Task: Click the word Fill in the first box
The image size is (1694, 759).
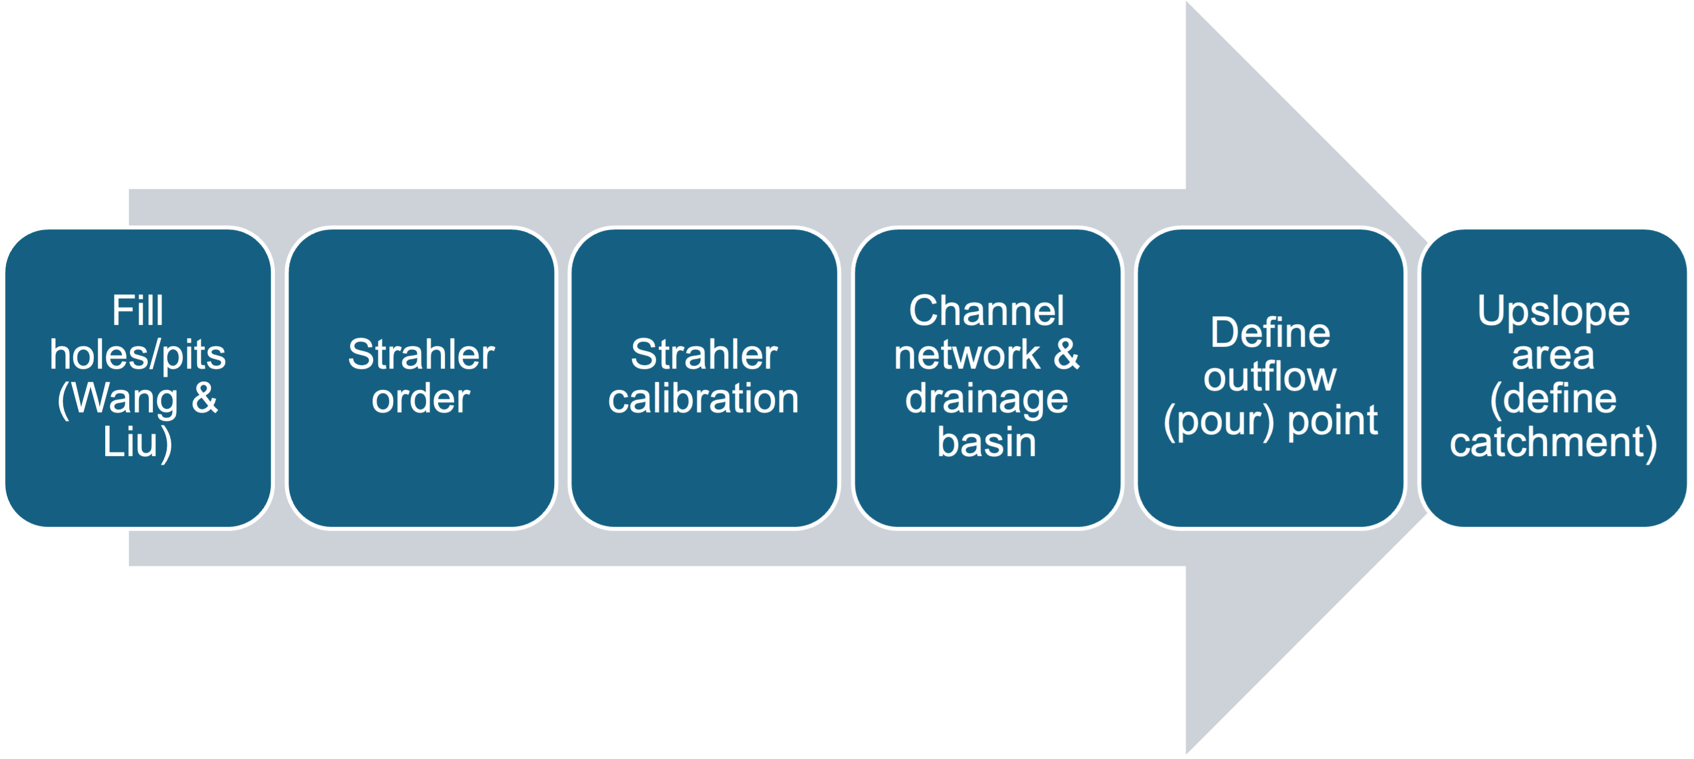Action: point(137,310)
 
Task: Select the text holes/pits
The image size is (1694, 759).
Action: point(137,355)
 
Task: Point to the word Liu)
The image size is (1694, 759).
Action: point(137,442)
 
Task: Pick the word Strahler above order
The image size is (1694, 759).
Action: point(421,355)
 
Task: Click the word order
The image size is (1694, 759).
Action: point(421,399)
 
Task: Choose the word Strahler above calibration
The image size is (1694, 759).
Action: point(704,355)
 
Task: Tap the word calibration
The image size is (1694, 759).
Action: point(704,399)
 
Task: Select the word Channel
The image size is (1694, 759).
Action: point(986,310)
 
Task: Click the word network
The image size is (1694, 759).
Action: point(967,355)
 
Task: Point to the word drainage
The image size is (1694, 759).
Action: point(986,399)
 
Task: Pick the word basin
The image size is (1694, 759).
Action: point(986,442)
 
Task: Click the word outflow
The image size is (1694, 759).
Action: point(1270,377)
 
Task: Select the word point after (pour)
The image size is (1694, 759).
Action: point(1332,421)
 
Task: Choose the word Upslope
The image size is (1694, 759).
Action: point(1553,310)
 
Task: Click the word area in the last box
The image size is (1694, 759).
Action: point(1553,355)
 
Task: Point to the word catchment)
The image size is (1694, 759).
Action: point(1553,442)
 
